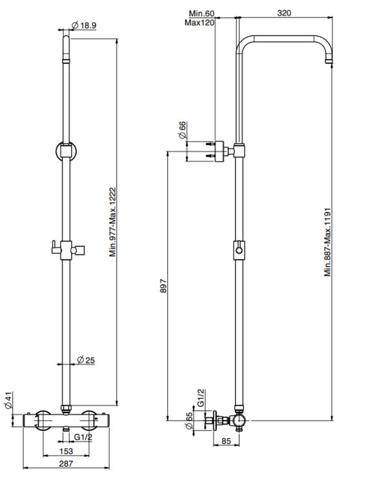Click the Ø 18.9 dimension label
click(x=84, y=25)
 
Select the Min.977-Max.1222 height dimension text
click(x=113, y=222)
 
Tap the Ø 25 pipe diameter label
click(x=86, y=360)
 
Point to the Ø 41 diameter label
click(x=8, y=401)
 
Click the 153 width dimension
click(x=66, y=451)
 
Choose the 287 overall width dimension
click(x=66, y=463)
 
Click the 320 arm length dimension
click(x=284, y=13)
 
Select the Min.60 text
click(x=201, y=14)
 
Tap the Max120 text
click(x=199, y=23)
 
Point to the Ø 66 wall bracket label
click(x=182, y=130)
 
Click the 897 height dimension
click(x=163, y=286)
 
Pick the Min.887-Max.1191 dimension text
click(x=328, y=242)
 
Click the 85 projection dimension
click(x=226, y=441)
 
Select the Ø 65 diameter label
click(x=189, y=420)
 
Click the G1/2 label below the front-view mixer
click(x=83, y=437)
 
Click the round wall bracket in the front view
click(x=56, y=151)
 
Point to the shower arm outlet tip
click(x=330, y=63)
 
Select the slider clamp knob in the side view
click(x=239, y=250)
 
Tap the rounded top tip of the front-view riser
click(x=66, y=37)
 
